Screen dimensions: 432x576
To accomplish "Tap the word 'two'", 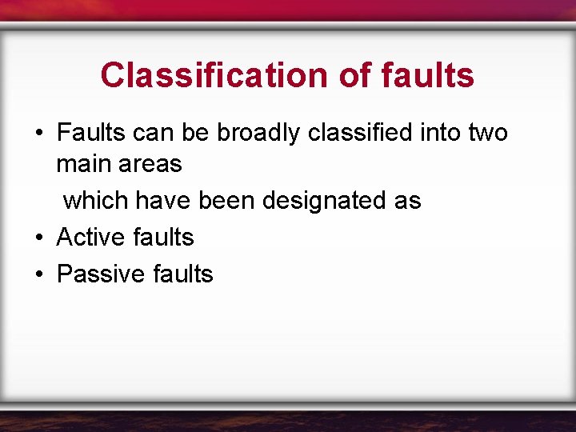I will (x=488, y=132).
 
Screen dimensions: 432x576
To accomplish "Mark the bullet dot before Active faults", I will (x=38, y=238).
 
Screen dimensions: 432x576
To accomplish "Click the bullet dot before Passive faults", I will (x=38, y=274).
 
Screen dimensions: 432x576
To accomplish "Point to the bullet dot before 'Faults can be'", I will (x=38, y=133).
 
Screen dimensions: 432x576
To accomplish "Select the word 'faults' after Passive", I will (x=182, y=274).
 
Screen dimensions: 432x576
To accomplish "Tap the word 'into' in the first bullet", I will (x=435, y=132).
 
